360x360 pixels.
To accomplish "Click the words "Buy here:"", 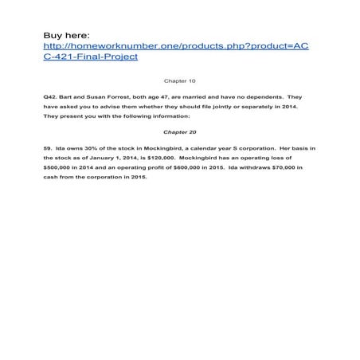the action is pos(68,35).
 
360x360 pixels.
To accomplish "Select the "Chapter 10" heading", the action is pos(178,81).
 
